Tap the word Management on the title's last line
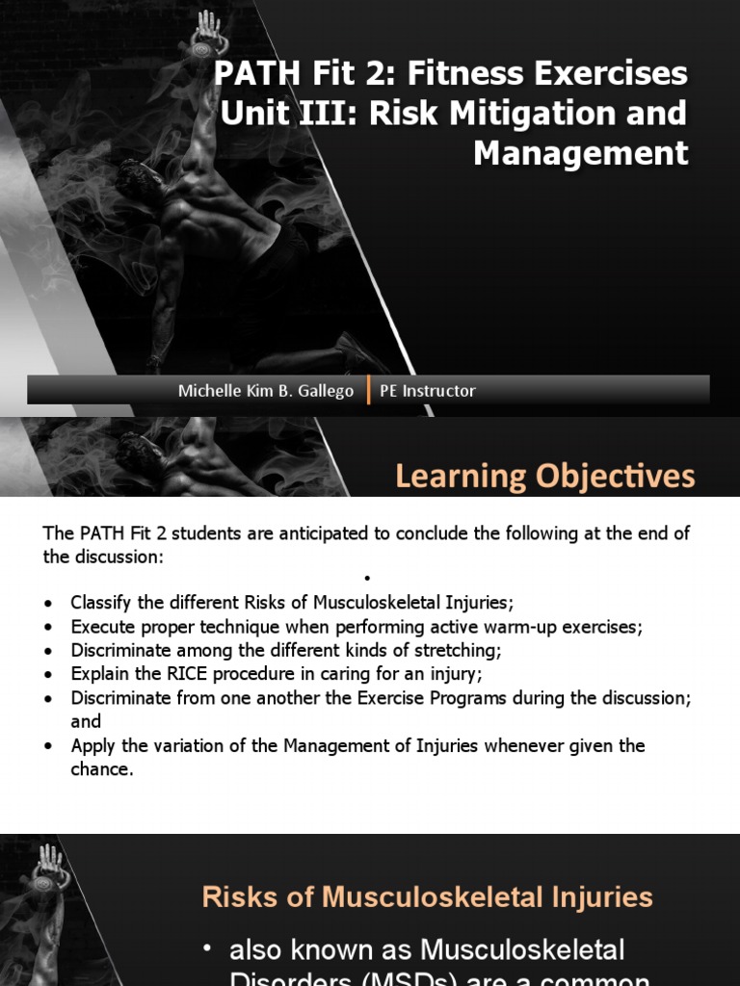coord(581,152)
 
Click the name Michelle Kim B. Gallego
coord(266,390)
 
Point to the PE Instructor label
coord(428,390)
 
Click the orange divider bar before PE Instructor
coord(369,390)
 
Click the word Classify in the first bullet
coord(99,603)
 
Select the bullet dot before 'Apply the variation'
coord(49,746)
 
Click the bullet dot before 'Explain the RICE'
coord(49,675)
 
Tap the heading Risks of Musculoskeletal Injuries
coord(427,897)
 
